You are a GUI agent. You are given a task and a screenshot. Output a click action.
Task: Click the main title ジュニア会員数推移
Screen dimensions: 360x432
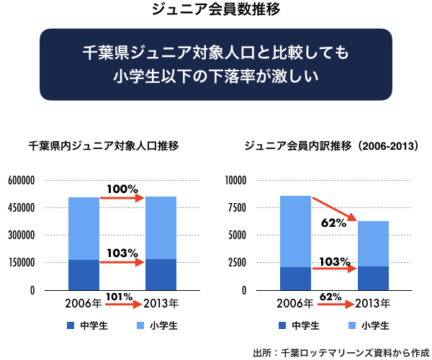click(215, 10)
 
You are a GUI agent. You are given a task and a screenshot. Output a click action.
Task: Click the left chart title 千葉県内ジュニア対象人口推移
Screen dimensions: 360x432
click(104, 146)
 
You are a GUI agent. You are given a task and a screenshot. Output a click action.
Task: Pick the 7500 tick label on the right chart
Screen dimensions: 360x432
click(238, 208)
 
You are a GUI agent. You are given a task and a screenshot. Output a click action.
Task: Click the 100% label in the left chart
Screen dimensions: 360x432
click(122, 189)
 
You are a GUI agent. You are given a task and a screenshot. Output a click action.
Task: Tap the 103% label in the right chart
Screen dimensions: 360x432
click(334, 261)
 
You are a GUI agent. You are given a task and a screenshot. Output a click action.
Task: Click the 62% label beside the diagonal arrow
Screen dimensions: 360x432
click(333, 223)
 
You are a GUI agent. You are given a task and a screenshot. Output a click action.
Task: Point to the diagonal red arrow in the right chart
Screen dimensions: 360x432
click(335, 208)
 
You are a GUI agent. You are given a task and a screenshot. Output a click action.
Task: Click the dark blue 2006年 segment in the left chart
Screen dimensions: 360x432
click(84, 274)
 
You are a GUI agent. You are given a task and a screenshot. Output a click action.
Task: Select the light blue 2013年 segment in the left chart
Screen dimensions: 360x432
click(161, 228)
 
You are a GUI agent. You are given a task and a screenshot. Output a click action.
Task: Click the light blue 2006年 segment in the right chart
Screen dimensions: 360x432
click(295, 231)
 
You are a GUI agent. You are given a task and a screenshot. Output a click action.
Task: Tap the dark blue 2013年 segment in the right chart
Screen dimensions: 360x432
click(373, 277)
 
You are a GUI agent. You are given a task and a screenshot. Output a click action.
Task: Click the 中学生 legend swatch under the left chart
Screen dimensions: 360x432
click(71, 326)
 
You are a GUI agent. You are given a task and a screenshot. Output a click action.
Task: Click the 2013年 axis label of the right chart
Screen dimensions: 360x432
click(372, 302)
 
